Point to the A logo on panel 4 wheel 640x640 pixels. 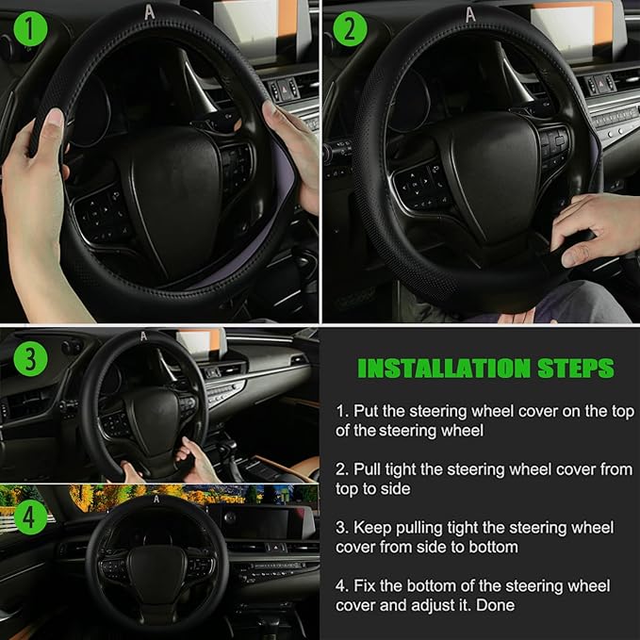pos(156,500)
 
